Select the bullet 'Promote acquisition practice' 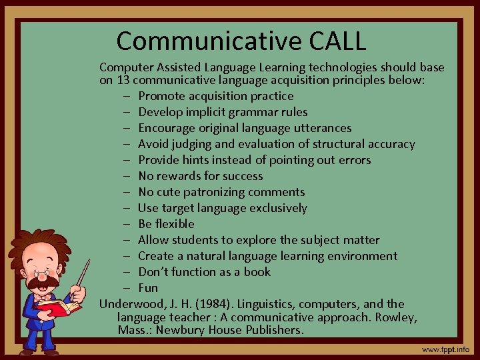pyautogui.click(x=215, y=96)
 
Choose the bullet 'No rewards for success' pyautogui.click(x=200, y=176)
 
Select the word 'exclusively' pyautogui.click(x=278, y=208)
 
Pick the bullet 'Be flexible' pyautogui.click(x=166, y=224)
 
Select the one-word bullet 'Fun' pyautogui.click(x=148, y=288)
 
